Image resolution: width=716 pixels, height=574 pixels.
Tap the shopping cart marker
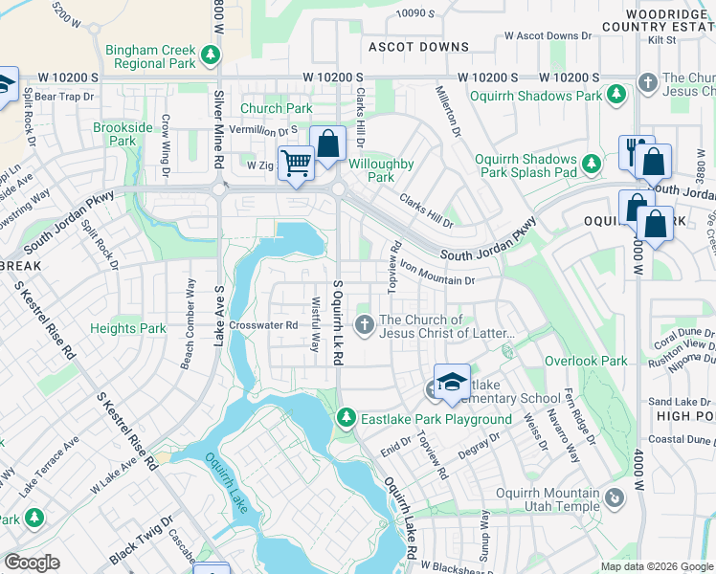click(296, 165)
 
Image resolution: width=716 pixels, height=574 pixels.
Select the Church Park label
click(276, 109)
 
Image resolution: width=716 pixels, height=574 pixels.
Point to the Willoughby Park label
click(381, 170)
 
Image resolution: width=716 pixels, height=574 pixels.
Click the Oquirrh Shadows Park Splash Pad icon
click(593, 165)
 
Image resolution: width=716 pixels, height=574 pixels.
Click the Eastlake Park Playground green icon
click(347, 418)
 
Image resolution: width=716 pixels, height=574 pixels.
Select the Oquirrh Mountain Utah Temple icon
click(612, 497)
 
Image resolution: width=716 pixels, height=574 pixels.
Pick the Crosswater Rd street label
click(264, 325)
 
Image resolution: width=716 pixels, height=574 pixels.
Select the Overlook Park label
click(586, 361)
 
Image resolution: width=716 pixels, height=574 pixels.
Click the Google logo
click(32, 563)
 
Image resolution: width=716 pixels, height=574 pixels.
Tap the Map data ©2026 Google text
click(656, 566)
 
